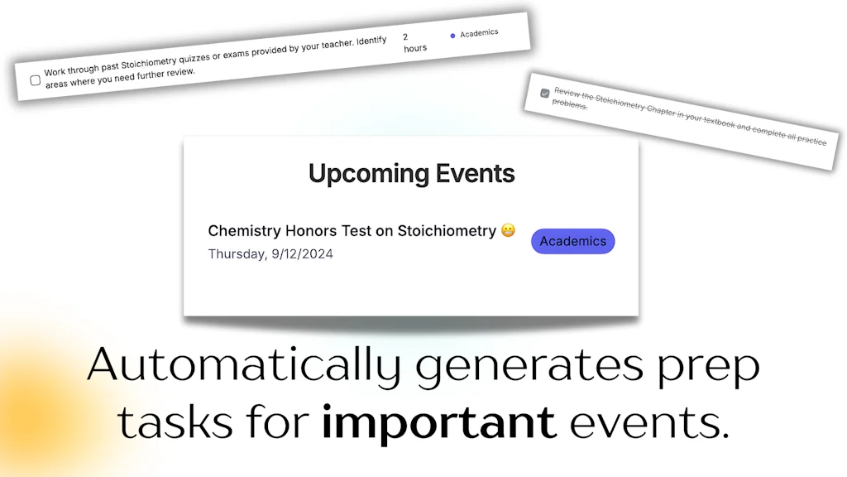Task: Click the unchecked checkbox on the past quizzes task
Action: point(35,80)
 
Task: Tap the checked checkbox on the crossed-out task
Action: point(544,93)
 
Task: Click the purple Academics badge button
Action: point(572,241)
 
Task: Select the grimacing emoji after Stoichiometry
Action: point(509,230)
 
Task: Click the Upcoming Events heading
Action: point(412,174)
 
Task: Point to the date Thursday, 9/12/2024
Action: point(270,254)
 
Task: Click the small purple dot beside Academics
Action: point(452,36)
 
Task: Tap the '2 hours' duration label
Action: point(415,42)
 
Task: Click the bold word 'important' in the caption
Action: point(438,422)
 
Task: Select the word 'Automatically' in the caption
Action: point(244,364)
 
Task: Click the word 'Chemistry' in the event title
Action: point(244,231)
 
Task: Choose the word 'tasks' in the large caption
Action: point(175,422)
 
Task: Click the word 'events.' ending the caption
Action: point(649,422)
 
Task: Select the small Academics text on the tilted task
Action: point(479,33)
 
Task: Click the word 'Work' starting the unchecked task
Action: point(55,72)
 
